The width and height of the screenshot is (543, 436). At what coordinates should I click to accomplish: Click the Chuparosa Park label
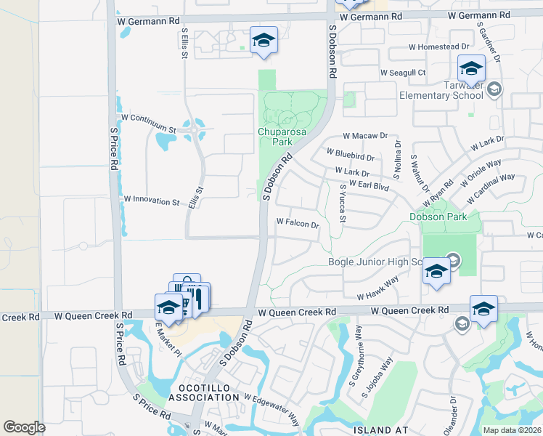tap(275, 137)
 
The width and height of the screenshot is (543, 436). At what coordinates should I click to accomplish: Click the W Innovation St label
tap(151, 200)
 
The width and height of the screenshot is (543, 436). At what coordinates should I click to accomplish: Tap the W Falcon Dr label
tap(298, 224)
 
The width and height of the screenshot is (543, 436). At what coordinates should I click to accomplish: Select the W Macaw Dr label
tap(366, 136)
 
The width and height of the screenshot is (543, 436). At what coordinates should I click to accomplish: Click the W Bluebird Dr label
tap(350, 155)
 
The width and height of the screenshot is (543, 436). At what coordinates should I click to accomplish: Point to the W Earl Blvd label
tap(369, 185)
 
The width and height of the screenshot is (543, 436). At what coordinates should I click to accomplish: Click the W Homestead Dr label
tap(433, 47)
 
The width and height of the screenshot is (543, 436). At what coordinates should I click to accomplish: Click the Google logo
tap(24, 427)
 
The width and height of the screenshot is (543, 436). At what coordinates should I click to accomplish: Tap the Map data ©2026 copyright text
tap(512, 430)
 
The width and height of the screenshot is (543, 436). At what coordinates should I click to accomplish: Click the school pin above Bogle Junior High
tap(436, 272)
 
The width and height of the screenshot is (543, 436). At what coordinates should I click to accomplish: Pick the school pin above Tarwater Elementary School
tap(471, 69)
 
